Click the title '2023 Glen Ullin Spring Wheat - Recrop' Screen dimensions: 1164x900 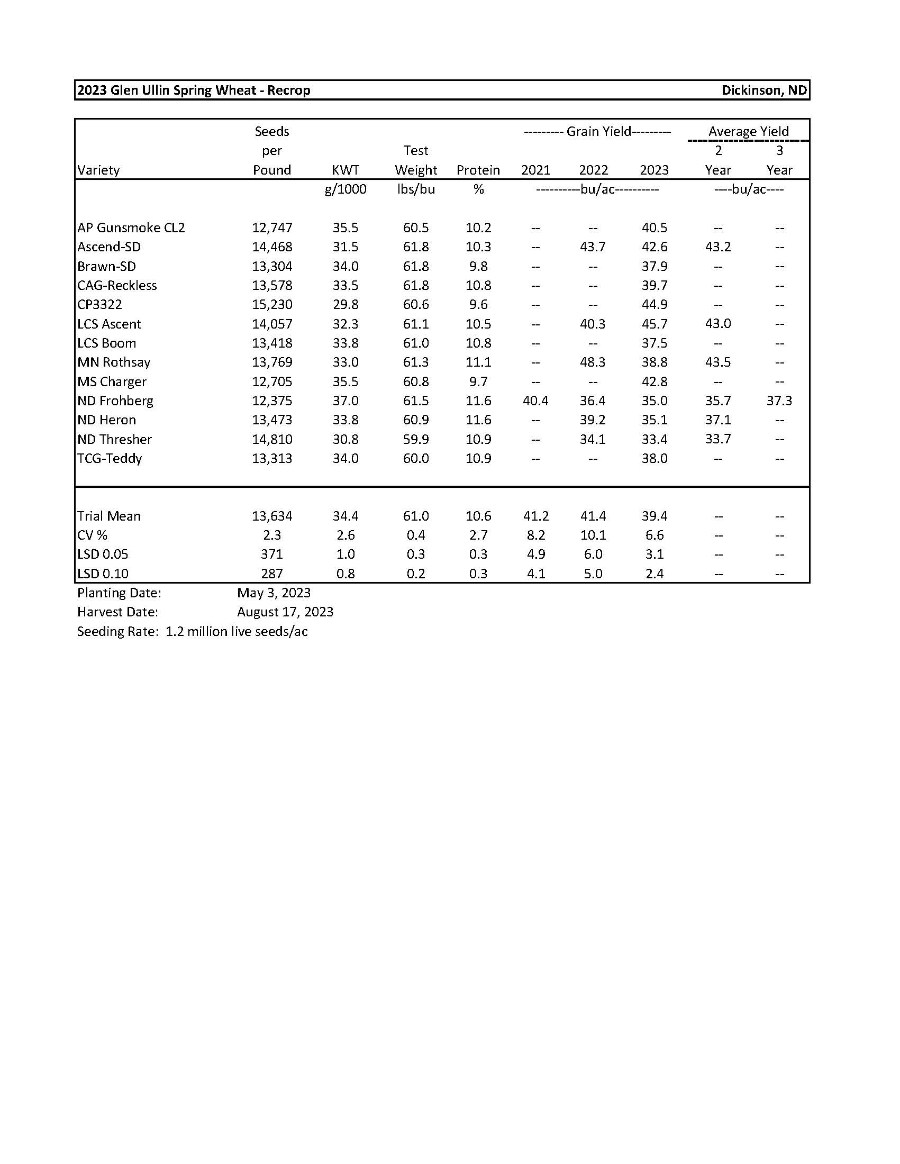click(x=194, y=90)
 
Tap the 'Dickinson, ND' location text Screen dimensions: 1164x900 click(x=763, y=90)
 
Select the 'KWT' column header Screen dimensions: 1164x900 click(x=346, y=170)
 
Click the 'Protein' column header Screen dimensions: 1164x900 click(x=478, y=170)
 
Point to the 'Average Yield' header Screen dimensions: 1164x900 click(x=748, y=131)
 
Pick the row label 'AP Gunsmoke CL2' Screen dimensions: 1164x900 click(x=131, y=228)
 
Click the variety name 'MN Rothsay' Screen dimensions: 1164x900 click(x=114, y=362)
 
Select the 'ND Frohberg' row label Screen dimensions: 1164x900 click(x=115, y=401)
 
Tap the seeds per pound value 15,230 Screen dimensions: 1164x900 click(x=272, y=304)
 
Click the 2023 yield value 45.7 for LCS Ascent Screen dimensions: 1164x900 click(x=654, y=324)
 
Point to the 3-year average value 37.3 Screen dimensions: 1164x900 click(x=779, y=401)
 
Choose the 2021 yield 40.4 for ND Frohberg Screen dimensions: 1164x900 click(x=535, y=401)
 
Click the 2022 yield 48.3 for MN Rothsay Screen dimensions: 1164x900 click(x=593, y=362)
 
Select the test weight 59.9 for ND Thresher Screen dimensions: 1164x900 click(x=416, y=439)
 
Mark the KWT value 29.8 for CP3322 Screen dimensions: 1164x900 click(x=346, y=304)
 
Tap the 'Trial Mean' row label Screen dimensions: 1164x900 click(x=108, y=516)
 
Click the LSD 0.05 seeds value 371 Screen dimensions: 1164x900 click(x=272, y=554)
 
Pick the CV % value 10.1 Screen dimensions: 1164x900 click(x=593, y=535)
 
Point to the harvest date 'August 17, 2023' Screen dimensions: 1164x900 click(x=285, y=612)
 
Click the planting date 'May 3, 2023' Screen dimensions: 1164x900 click(x=274, y=593)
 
